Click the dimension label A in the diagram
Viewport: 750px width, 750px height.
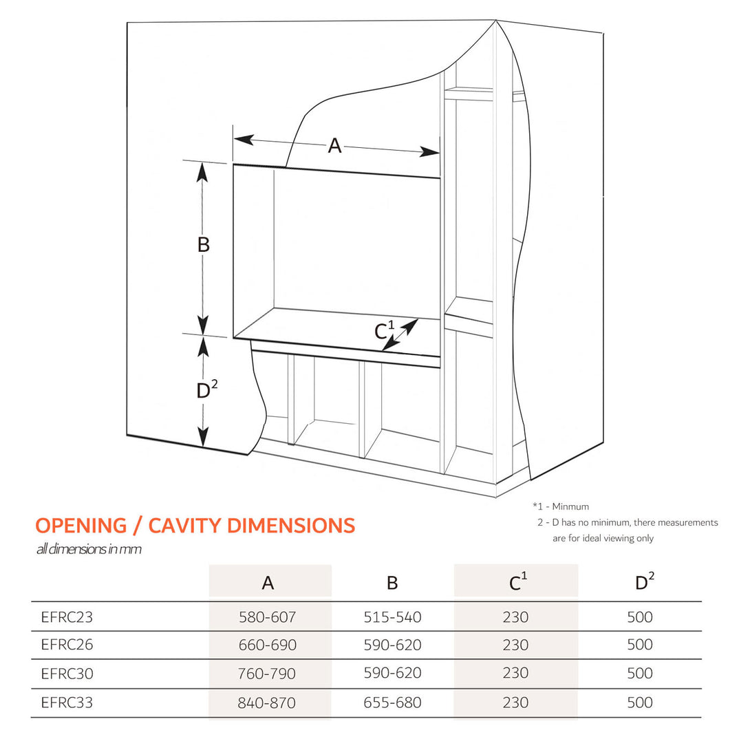click(334, 146)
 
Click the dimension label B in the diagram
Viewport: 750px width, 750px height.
click(204, 245)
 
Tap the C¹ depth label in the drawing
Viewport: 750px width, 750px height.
click(384, 331)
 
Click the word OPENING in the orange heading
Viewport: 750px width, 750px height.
click(81, 526)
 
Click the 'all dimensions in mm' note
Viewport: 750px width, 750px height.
click(89, 550)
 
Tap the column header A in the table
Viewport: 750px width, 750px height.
click(268, 583)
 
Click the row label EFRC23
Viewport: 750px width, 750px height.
click(67, 617)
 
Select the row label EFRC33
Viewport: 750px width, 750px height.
click(67, 703)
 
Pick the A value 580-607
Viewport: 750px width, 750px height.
click(268, 617)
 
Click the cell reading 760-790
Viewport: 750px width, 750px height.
click(268, 674)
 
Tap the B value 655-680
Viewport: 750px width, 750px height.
click(392, 703)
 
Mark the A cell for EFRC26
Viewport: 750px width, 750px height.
click(268, 645)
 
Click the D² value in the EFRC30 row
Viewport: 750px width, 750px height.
click(640, 674)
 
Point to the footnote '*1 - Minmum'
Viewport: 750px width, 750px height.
click(561, 506)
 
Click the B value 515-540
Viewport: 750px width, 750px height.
click(392, 617)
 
